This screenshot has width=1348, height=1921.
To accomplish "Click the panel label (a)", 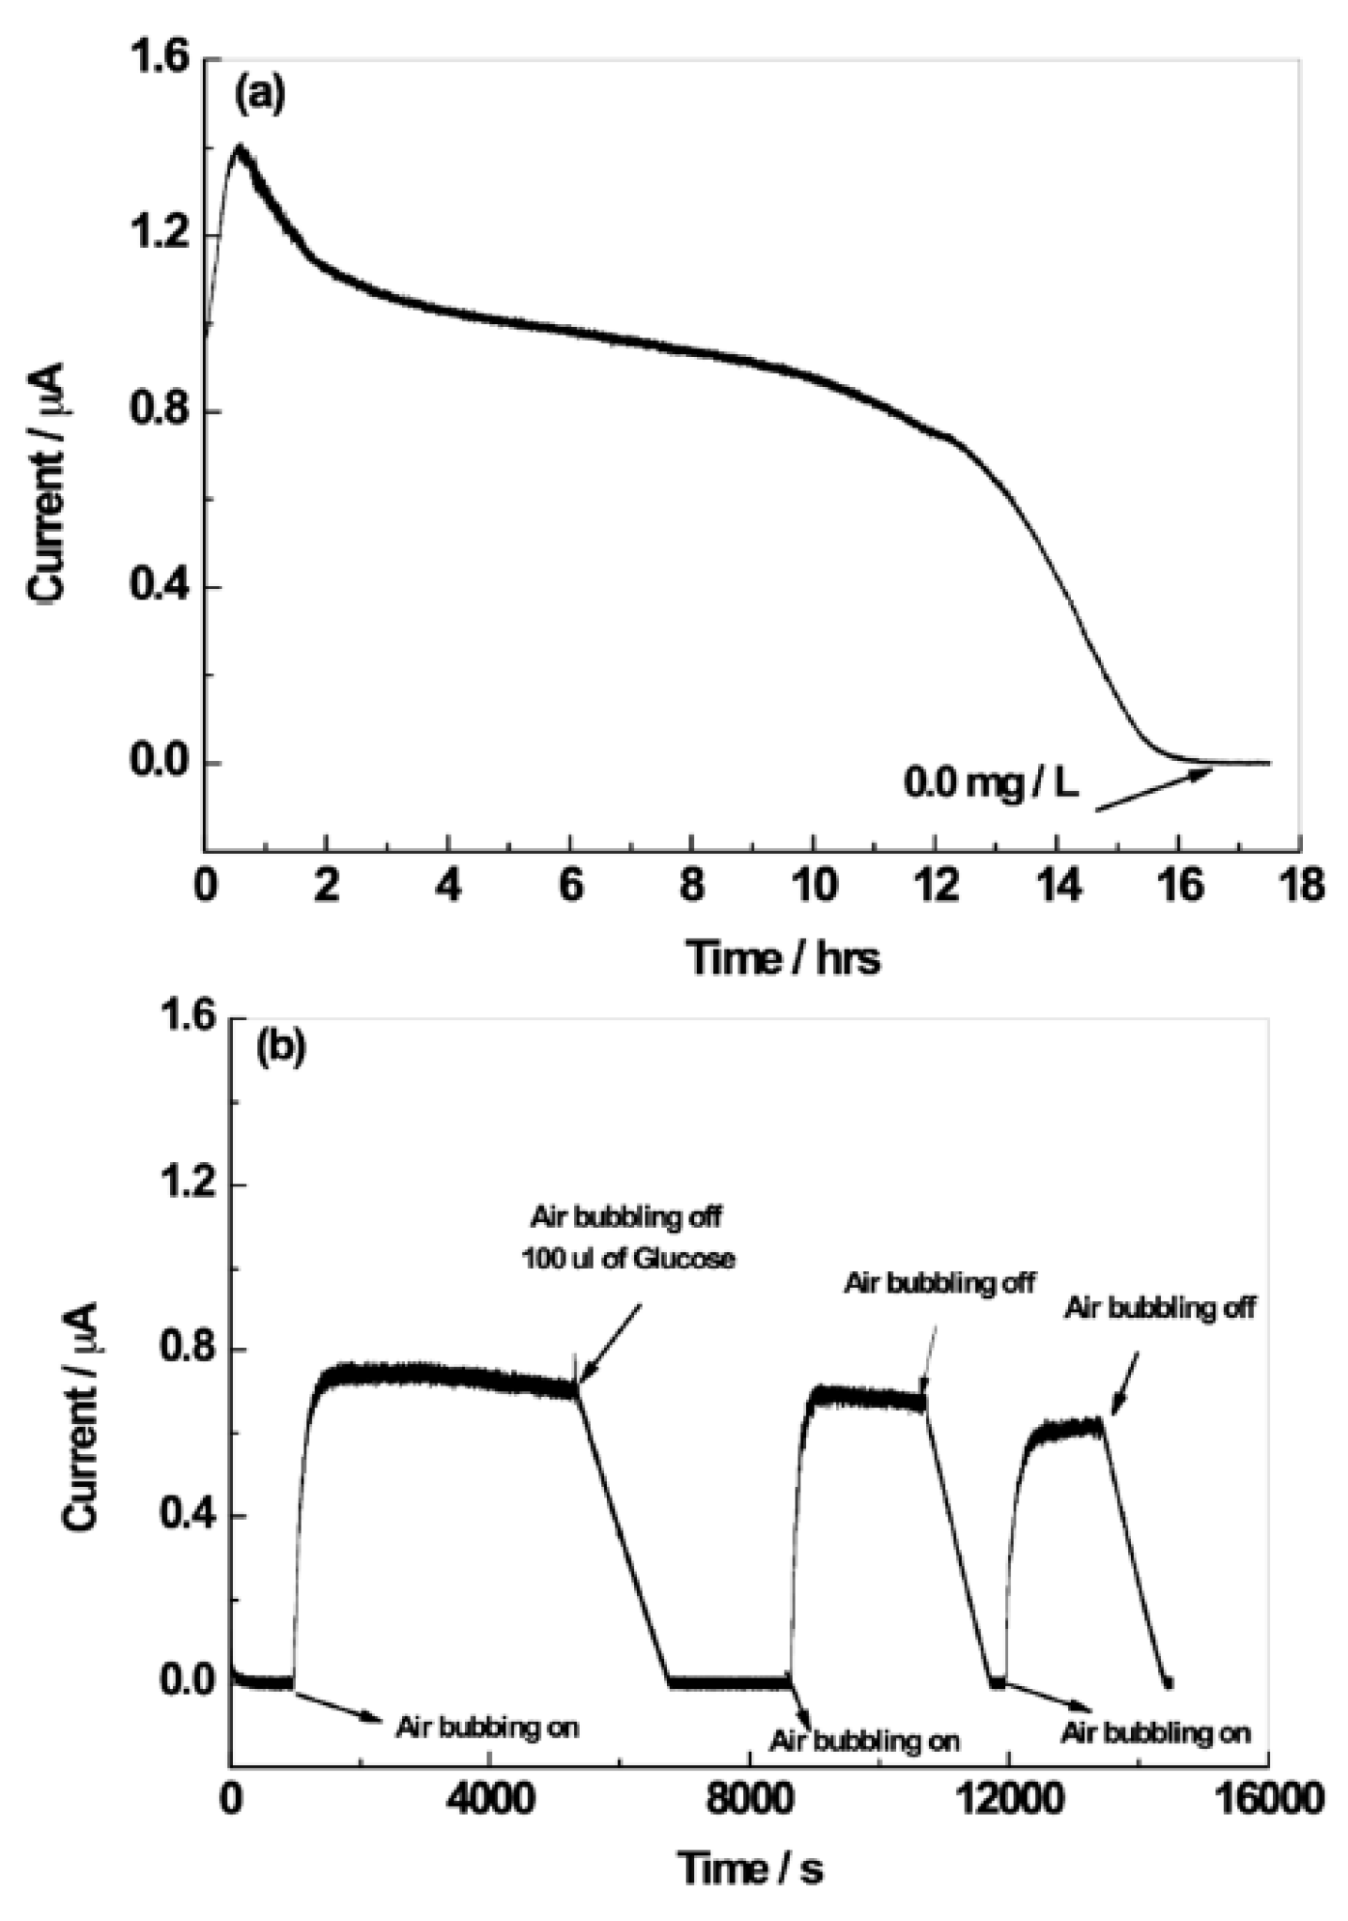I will pyautogui.click(x=259, y=96).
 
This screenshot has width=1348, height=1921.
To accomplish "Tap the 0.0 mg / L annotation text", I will pyautogui.click(x=991, y=782).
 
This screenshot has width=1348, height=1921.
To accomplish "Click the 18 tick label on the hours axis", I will pyautogui.click(x=1301, y=886).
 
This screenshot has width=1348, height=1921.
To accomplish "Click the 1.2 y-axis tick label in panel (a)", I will pyautogui.click(x=160, y=235).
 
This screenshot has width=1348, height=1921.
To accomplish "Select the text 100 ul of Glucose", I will pyautogui.click(x=628, y=1258).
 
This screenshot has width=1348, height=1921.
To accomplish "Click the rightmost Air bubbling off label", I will pyautogui.click(x=1159, y=1308).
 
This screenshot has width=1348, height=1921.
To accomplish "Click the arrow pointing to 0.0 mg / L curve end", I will pyautogui.click(x=1154, y=788).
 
